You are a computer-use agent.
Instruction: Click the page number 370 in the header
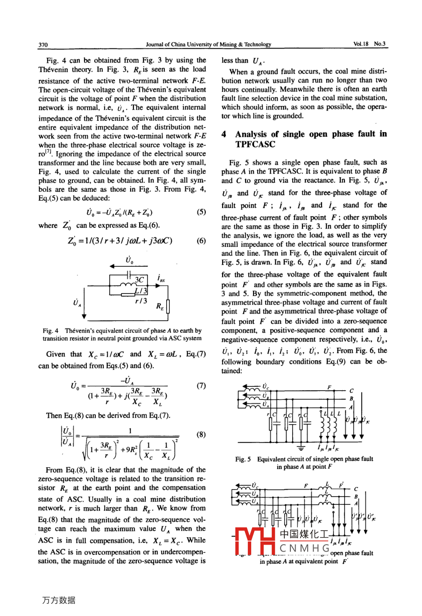tap(43, 45)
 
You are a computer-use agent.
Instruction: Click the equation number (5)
tap(201, 211)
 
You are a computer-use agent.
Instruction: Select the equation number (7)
tap(201, 386)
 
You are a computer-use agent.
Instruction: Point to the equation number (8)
tap(201, 434)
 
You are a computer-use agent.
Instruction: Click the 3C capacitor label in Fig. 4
tap(139, 280)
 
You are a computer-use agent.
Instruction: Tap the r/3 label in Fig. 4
tap(141, 301)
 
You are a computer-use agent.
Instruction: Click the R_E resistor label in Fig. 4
tap(160, 307)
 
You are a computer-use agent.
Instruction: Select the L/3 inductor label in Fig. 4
tap(141, 291)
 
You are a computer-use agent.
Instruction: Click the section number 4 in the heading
tap(225, 134)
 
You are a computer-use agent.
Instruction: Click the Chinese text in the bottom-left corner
tap(58, 601)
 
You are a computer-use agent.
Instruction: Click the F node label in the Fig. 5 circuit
tap(329, 387)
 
